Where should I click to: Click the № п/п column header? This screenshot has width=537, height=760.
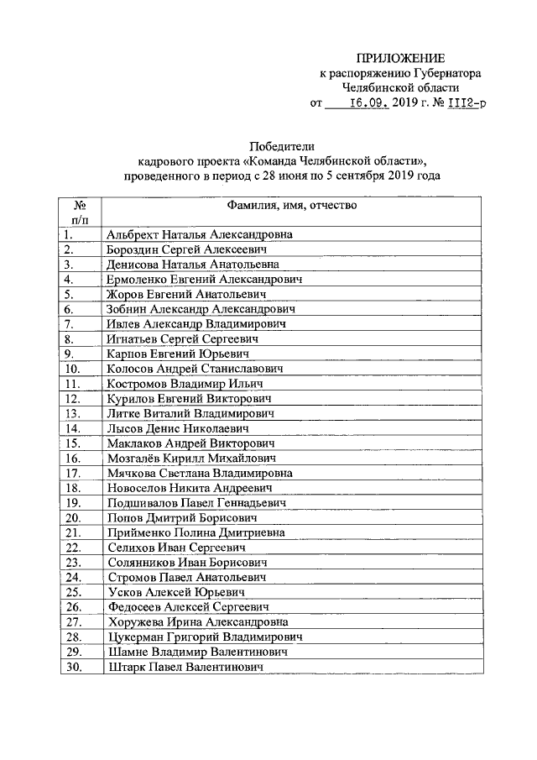[x=81, y=212]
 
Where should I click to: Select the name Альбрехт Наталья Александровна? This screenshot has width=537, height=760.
[x=200, y=235]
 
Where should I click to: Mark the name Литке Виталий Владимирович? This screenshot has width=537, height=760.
[x=190, y=413]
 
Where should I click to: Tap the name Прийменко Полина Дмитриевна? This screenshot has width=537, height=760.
[x=196, y=532]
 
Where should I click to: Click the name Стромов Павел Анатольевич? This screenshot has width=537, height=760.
[x=187, y=577]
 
